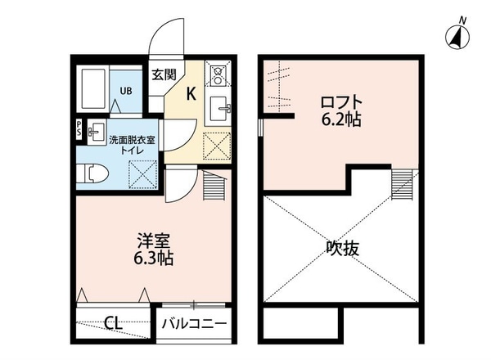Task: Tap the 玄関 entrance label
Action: click(164, 74)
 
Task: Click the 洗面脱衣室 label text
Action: click(131, 139)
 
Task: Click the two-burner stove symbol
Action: click(218, 76)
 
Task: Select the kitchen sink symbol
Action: click(218, 108)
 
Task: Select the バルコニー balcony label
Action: click(194, 323)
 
